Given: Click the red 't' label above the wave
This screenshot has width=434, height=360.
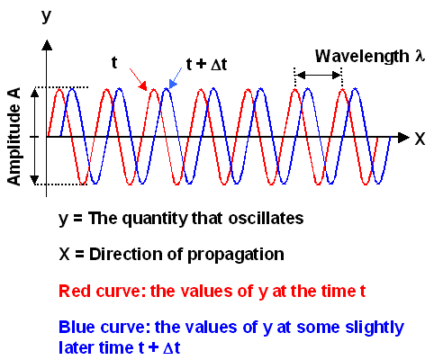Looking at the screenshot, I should [x=114, y=62].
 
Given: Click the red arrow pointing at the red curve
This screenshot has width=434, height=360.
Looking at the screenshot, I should [x=137, y=80].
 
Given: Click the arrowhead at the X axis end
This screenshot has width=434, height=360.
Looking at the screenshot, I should [x=401, y=138].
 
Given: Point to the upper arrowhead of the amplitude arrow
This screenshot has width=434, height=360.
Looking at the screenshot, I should [x=35, y=92].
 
